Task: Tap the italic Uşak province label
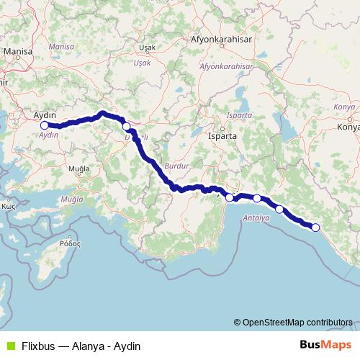(x=142, y=63)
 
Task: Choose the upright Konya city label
(x=348, y=129)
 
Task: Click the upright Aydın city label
(x=46, y=114)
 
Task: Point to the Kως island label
(x=9, y=205)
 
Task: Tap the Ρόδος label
(x=69, y=244)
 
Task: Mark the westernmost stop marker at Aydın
(x=45, y=125)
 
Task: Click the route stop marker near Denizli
(x=127, y=127)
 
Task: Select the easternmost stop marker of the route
(x=315, y=228)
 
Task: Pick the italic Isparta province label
(x=238, y=115)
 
